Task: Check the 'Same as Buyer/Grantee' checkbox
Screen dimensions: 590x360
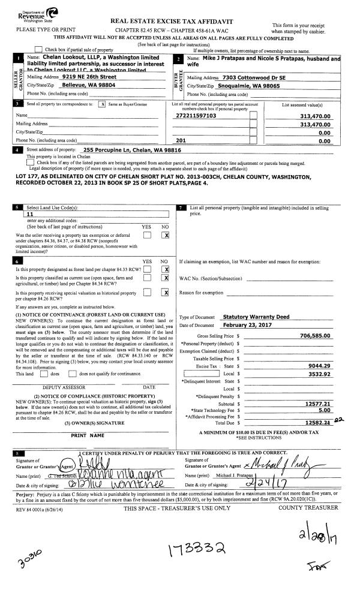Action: [102, 104]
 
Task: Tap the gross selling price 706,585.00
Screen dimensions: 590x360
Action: [312, 336]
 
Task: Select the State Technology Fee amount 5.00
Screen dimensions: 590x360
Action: [324, 411]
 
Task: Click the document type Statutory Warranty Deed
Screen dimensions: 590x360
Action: [257, 317]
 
